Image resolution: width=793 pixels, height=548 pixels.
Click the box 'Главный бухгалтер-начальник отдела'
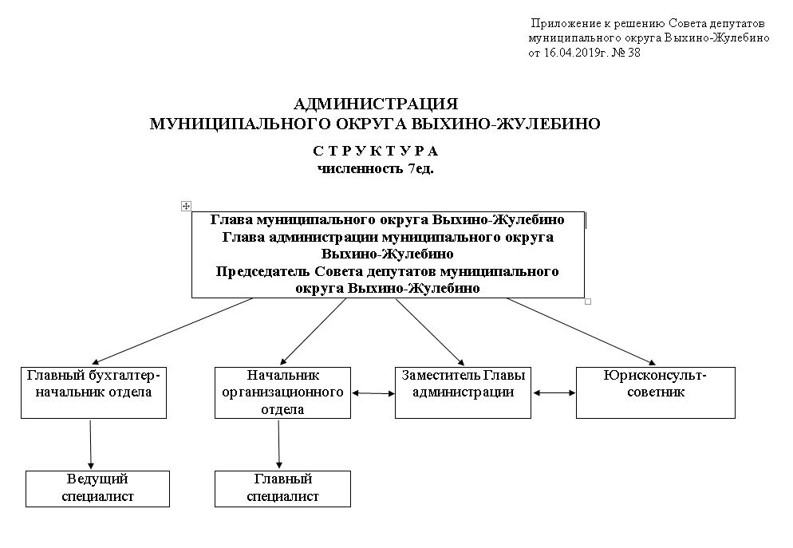(x=93, y=392)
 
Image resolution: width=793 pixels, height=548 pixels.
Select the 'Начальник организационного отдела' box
(x=282, y=392)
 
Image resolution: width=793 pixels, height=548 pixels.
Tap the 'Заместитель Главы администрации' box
(x=463, y=392)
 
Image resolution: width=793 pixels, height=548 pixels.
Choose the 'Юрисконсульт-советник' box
(x=656, y=392)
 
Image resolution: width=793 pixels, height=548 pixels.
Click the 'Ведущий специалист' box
(x=97, y=489)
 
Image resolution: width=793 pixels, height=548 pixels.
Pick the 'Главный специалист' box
(x=282, y=489)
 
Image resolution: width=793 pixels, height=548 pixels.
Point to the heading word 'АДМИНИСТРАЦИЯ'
(x=376, y=104)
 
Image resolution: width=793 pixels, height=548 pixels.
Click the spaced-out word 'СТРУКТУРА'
(x=376, y=151)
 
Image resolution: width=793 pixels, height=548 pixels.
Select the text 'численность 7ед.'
(x=376, y=169)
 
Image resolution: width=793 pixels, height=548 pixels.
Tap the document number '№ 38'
(x=626, y=53)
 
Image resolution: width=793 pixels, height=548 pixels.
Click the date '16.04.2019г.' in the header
(x=575, y=53)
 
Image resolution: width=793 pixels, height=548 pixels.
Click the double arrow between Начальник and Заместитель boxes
(x=373, y=392)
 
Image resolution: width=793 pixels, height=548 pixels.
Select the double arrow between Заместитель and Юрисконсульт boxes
(x=554, y=392)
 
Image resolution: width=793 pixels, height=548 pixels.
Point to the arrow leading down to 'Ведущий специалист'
(x=90, y=444)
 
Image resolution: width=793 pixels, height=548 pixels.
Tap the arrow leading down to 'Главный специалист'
(x=278, y=444)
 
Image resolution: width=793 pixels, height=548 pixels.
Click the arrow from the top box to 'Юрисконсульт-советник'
(x=581, y=332)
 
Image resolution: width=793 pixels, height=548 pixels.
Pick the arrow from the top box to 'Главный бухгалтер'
(x=172, y=331)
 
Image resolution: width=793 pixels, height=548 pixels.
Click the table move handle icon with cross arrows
(x=186, y=206)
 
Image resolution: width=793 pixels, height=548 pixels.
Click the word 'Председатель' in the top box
(x=263, y=272)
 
